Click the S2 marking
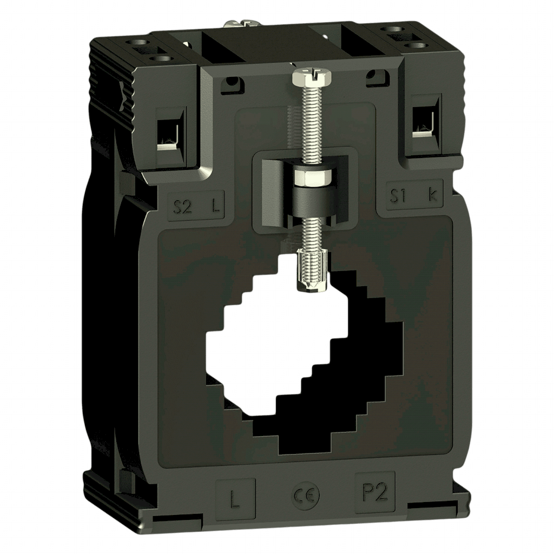(x=182, y=206)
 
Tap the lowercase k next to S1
(x=433, y=196)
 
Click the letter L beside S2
(x=216, y=205)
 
